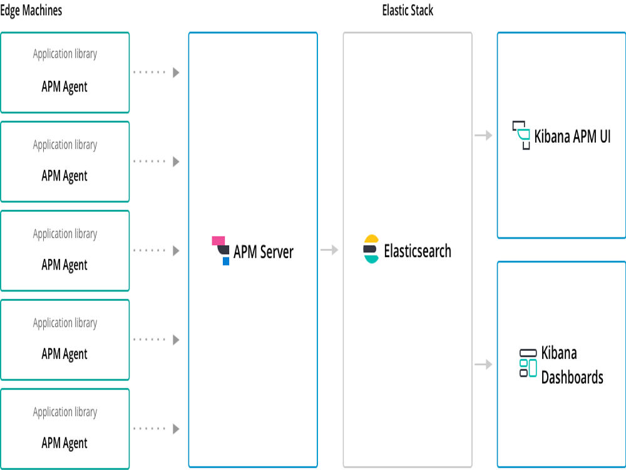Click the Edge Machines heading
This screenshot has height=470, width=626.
(x=31, y=11)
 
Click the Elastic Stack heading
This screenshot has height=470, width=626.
(x=408, y=11)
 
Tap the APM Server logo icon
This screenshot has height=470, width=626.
(x=221, y=250)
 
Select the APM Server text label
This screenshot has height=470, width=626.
(x=263, y=252)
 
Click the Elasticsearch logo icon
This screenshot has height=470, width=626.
(x=371, y=249)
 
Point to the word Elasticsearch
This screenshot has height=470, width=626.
(x=418, y=251)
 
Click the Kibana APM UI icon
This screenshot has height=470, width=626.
(x=521, y=135)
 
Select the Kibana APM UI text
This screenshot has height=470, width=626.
(x=572, y=136)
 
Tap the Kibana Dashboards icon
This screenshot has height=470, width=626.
(x=528, y=363)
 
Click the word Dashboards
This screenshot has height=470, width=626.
(x=572, y=377)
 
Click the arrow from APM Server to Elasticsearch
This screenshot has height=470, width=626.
(x=329, y=250)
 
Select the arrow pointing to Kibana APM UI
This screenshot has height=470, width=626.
(x=483, y=135)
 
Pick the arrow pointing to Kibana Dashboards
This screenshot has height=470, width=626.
(x=483, y=364)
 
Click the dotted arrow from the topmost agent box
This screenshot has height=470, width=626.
(x=156, y=73)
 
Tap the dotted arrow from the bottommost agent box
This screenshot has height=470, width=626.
(x=156, y=429)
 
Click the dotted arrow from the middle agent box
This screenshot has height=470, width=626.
(x=156, y=251)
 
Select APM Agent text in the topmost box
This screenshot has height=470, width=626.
(x=64, y=87)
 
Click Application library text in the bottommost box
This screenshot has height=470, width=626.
(x=65, y=412)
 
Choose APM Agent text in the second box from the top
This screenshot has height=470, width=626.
(x=64, y=176)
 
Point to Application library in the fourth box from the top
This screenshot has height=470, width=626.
(x=65, y=323)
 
